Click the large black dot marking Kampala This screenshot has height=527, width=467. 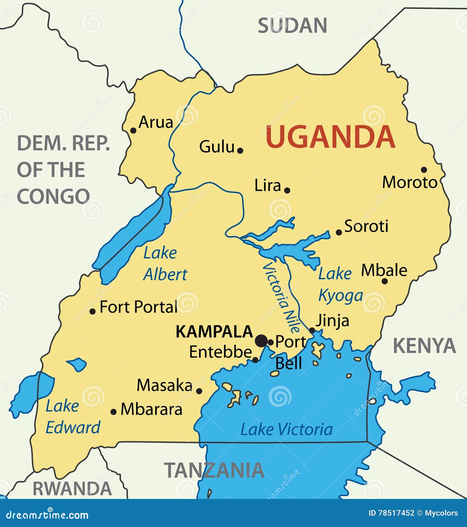pos(261,341)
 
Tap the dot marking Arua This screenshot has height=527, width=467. pos(133,130)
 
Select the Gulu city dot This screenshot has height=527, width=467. pos(240,150)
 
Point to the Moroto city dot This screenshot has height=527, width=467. pos(424,170)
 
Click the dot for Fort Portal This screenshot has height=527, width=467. pos(93,311)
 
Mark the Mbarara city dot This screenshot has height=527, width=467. pos(113,412)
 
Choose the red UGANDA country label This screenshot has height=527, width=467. pos(330,137)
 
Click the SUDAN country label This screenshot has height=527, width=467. pos(292,26)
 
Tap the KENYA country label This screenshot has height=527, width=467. pos(424,346)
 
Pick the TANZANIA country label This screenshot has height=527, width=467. pos(214,470)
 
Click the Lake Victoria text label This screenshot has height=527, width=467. pos(286,429)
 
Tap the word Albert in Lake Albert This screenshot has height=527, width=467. pos(165,275)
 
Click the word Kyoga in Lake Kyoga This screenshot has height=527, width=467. pos(340,296)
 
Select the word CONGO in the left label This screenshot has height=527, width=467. pos(53,196)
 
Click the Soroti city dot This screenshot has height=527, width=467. pos(339,232)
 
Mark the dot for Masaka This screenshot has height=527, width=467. pos(199,391)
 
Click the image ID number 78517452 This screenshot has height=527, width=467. pos(396,513)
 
